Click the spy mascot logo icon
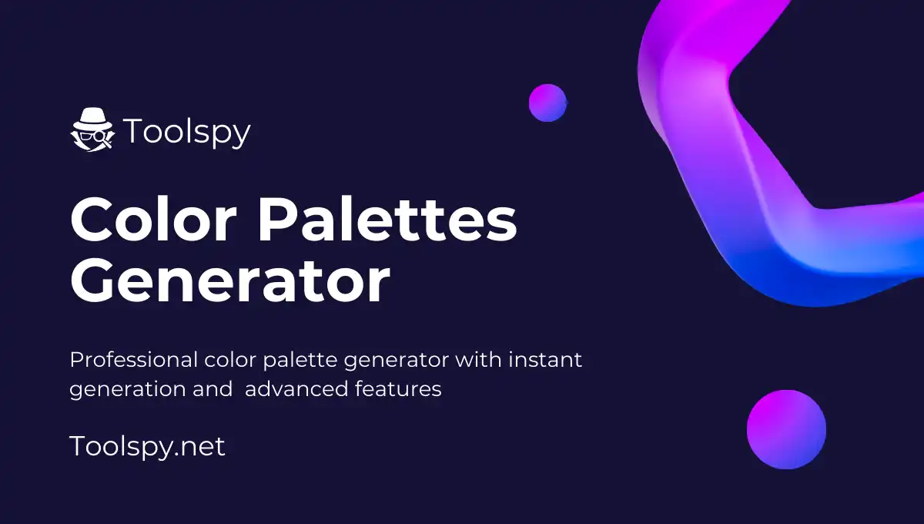click(x=92, y=129)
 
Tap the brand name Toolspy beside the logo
click(x=187, y=132)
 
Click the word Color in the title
click(x=154, y=220)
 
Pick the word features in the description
click(x=398, y=389)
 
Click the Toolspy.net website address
click(x=147, y=446)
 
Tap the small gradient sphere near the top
click(x=547, y=102)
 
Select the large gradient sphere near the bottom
click(x=786, y=429)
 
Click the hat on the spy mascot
click(x=92, y=117)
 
